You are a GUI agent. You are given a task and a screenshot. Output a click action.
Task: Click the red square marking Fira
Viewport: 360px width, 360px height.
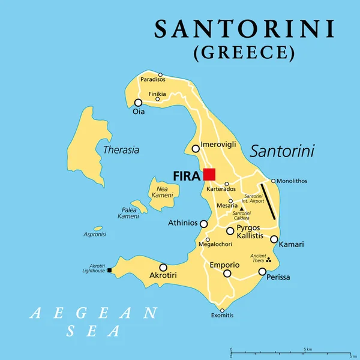[209, 175]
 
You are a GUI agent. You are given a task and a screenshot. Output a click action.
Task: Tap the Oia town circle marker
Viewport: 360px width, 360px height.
[139, 103]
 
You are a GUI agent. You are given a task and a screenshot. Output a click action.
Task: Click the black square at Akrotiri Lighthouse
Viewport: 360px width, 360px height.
[109, 271]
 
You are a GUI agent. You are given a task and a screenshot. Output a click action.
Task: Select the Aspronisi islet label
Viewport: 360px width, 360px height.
[95, 235]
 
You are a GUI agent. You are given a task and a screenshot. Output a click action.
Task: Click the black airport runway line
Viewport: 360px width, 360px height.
[268, 200]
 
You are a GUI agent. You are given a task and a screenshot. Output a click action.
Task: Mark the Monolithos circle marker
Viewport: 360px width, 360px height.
[274, 181]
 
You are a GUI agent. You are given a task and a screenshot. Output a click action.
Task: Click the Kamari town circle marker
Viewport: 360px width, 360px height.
[274, 239]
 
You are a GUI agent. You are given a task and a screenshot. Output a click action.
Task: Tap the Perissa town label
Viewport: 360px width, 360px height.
[278, 277]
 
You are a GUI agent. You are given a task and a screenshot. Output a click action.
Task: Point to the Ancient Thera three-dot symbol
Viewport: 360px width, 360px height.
[268, 260]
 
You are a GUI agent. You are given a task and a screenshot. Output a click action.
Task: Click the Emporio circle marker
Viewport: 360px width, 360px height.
[227, 274]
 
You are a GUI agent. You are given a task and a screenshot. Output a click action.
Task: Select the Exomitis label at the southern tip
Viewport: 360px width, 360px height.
[222, 316]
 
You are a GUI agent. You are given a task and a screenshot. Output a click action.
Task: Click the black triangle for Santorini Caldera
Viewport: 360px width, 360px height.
[242, 209]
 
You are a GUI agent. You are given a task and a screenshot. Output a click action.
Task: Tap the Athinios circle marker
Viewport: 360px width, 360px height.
[203, 224]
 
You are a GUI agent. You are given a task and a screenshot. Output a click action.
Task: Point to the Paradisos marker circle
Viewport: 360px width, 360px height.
[160, 75]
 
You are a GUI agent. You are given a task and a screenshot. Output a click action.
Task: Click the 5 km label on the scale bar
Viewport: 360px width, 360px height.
[307, 349]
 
